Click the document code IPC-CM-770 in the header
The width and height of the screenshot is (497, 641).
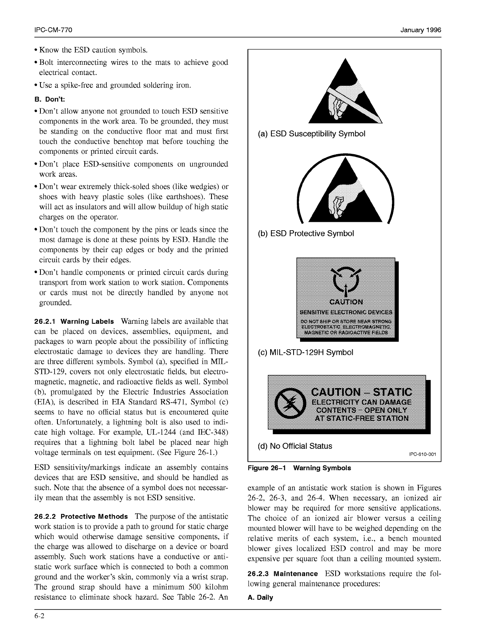[x=53, y=30]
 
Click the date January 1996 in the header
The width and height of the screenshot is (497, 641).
[x=421, y=30]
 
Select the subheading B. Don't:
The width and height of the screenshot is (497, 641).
[x=49, y=99]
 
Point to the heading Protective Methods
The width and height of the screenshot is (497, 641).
[x=94, y=517]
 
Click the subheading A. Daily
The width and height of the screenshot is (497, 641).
[x=260, y=598]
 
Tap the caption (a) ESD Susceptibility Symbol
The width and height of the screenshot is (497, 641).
[x=311, y=134]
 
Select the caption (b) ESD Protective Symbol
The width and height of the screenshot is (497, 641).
[x=306, y=233]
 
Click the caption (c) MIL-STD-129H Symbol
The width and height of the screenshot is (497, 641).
[x=305, y=352]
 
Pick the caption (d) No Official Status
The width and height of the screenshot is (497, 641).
[x=295, y=446]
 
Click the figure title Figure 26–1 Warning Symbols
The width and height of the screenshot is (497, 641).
[x=299, y=468]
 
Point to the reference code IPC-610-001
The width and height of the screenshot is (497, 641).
[x=422, y=454]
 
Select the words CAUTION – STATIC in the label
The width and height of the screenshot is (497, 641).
[x=362, y=392]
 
